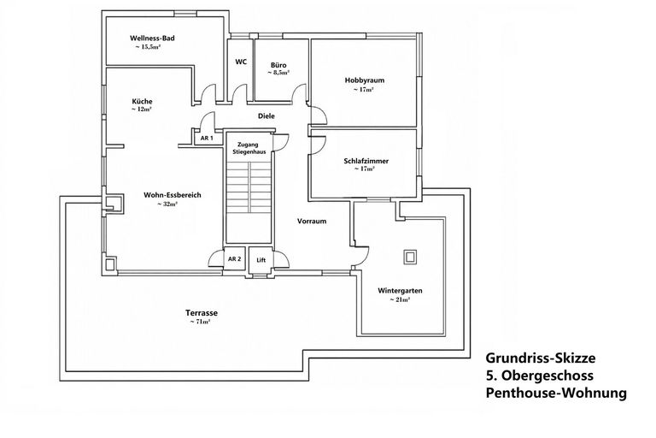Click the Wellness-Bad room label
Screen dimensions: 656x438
pos(152,38)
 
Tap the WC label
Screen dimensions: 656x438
pos(241,62)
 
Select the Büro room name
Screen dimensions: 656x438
pos(278,65)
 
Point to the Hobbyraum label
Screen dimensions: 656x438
pos(365,80)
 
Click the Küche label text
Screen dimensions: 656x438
pos(143,101)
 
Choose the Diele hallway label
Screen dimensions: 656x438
pos(266,116)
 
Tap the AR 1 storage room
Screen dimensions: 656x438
pos(207,138)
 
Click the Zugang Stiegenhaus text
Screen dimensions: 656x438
pos(249,148)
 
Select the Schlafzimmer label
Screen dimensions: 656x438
pos(366,161)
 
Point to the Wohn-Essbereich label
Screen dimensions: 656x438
pos(173,195)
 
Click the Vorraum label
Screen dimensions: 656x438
pos(312,221)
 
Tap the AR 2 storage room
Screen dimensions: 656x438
pos(234,259)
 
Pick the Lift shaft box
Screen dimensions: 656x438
pos(261,260)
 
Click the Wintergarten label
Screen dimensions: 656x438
pos(400,291)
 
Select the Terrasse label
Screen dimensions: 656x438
pos(202,313)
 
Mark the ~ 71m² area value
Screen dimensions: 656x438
pos(200,322)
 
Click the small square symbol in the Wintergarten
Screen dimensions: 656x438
pos(410,257)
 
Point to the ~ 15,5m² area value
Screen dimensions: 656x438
pos(148,47)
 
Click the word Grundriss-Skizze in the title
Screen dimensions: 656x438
pos(541,358)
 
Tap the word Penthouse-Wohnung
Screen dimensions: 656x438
pos(556,394)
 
